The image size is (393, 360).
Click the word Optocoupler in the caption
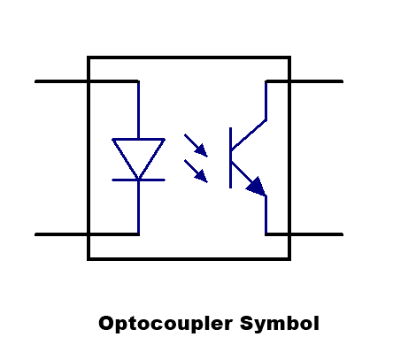(166, 324)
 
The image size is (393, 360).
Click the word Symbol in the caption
(280, 324)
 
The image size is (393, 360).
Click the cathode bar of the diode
(138, 180)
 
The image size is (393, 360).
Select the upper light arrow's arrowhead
(202, 150)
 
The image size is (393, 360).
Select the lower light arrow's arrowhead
(202, 176)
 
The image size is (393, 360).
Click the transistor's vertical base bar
(230, 157)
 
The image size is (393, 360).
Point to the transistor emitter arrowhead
(258, 187)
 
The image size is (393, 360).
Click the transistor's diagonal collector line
(249, 135)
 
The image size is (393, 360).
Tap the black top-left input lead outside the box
(61, 81)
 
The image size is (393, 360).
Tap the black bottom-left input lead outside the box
(61, 234)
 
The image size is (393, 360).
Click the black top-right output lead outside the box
(317, 81)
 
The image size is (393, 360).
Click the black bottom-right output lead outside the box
(317, 234)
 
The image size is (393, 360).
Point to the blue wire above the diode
(138, 111)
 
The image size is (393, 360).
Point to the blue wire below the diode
(138, 207)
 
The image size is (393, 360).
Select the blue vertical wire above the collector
(266, 101)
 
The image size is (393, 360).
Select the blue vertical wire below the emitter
(266, 214)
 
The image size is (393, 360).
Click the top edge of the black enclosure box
(189, 57)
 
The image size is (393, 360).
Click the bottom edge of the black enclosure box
(189, 259)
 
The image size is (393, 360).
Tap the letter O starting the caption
(107, 323)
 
